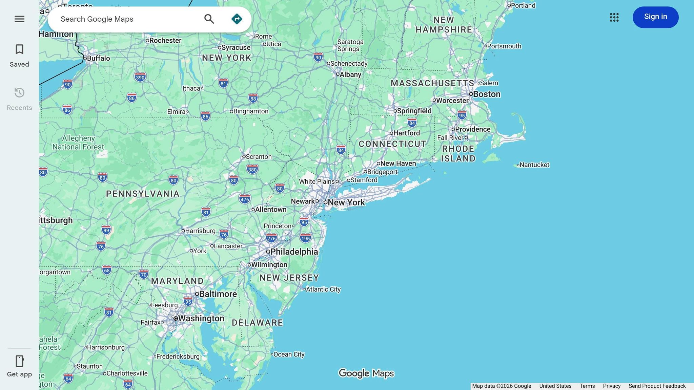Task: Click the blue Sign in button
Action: [x=655, y=17]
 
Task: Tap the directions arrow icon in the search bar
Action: [x=237, y=19]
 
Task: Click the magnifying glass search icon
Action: [x=209, y=19]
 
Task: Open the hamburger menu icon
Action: [x=19, y=19]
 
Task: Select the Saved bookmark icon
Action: [x=19, y=49]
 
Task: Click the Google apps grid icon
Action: [x=614, y=17]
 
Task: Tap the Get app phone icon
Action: [x=19, y=361]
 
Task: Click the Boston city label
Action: [x=487, y=94]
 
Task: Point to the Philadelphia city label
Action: [x=294, y=252]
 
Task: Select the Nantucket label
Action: [x=534, y=165]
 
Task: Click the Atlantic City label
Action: [x=323, y=289]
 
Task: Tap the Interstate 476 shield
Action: [x=245, y=199]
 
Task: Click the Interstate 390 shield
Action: [x=140, y=77]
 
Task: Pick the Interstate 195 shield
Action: [x=305, y=238]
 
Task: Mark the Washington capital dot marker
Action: [x=176, y=318]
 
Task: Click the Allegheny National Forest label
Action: [x=78, y=143]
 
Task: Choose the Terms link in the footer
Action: [x=587, y=386]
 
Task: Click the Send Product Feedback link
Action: [x=657, y=386]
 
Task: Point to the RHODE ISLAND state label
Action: [x=458, y=154]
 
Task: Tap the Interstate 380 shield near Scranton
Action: [x=252, y=169]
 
